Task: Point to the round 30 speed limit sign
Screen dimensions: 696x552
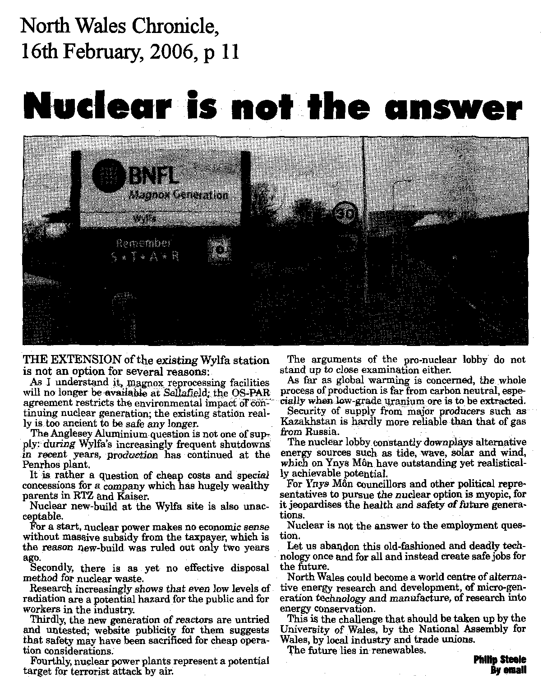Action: point(346,214)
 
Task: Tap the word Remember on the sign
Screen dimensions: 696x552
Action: point(144,244)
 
